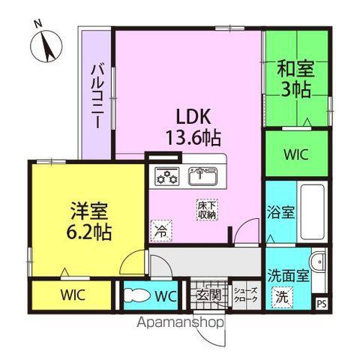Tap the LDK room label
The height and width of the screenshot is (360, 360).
tap(193, 117)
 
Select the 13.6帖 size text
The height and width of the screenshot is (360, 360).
tap(193, 138)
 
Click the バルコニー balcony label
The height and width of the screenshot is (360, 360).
tap(97, 97)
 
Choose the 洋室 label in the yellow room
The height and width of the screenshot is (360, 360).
tap(89, 211)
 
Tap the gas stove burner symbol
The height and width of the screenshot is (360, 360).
tap(167, 176)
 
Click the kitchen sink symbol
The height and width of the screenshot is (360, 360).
tap(202, 176)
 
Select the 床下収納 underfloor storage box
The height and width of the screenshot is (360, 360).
tap(207, 210)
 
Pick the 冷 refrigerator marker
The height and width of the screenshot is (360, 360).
tap(161, 231)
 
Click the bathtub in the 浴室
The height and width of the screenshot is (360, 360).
tap(313, 212)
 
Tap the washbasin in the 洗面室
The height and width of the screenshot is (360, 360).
tap(318, 262)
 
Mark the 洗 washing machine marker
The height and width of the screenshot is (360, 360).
tap(282, 298)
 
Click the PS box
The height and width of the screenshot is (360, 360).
tap(322, 304)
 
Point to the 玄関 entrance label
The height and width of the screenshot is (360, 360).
tap(209, 295)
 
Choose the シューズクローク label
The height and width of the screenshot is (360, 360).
tap(245, 295)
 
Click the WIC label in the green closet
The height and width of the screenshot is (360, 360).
tap(296, 154)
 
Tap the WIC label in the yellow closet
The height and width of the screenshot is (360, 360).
tap(73, 295)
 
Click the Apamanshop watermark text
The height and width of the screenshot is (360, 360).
tap(181, 322)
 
